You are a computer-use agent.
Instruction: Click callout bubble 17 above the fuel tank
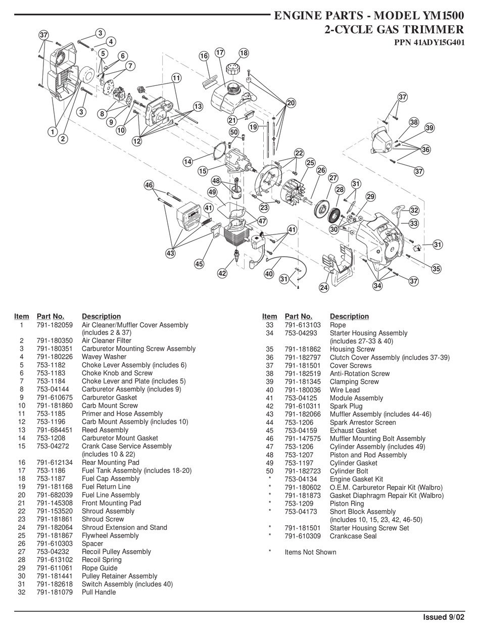click(x=220, y=53)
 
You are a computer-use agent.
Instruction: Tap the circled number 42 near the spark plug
click(x=222, y=273)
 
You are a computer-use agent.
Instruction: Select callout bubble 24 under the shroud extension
click(x=324, y=287)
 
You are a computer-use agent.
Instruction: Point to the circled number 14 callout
click(x=187, y=162)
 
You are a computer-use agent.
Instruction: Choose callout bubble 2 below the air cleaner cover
click(x=63, y=138)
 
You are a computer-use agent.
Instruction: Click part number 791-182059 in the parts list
click(x=55, y=325)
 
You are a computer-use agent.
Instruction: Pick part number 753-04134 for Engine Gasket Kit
click(x=301, y=479)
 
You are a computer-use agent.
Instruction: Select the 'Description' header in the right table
click(x=349, y=316)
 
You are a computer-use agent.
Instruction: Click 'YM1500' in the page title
click(x=437, y=16)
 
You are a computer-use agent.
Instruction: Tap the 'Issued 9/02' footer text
click(x=443, y=617)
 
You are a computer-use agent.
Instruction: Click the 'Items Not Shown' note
click(x=310, y=552)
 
